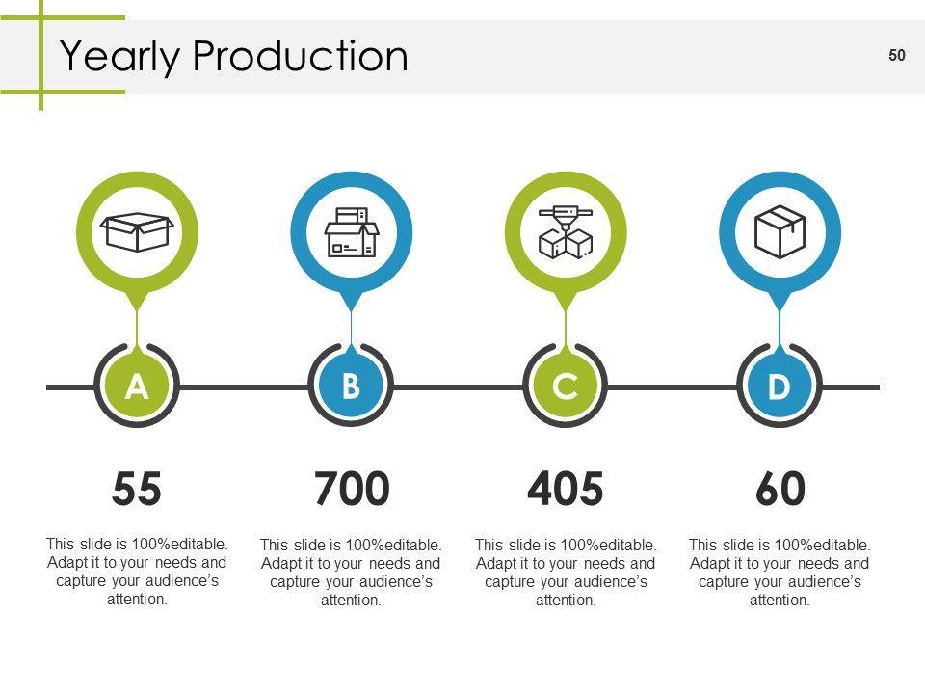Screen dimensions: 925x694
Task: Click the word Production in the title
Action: click(x=300, y=57)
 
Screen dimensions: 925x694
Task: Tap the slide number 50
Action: click(x=897, y=56)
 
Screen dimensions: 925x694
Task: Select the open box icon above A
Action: click(x=137, y=232)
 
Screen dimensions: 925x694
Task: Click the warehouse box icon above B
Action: click(x=352, y=232)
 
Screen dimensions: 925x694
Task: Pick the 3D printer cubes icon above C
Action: click(x=566, y=232)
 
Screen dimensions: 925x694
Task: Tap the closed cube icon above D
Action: click(x=780, y=232)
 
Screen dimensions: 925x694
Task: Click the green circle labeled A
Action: click(x=137, y=387)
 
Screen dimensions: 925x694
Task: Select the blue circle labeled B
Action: click(x=351, y=387)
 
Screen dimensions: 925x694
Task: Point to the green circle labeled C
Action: click(x=566, y=387)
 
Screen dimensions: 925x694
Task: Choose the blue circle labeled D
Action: click(x=779, y=387)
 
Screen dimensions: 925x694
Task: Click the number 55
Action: click(x=137, y=490)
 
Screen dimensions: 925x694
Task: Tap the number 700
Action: click(x=352, y=490)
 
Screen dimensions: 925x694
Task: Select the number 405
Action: click(x=566, y=490)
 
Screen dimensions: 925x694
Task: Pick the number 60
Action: click(x=780, y=490)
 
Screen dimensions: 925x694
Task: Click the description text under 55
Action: click(x=137, y=571)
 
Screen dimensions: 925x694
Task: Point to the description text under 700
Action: click(x=351, y=573)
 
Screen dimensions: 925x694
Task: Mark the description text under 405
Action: click(x=566, y=573)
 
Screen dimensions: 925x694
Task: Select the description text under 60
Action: click(x=780, y=573)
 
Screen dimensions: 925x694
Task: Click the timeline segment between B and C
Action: click(x=458, y=387)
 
